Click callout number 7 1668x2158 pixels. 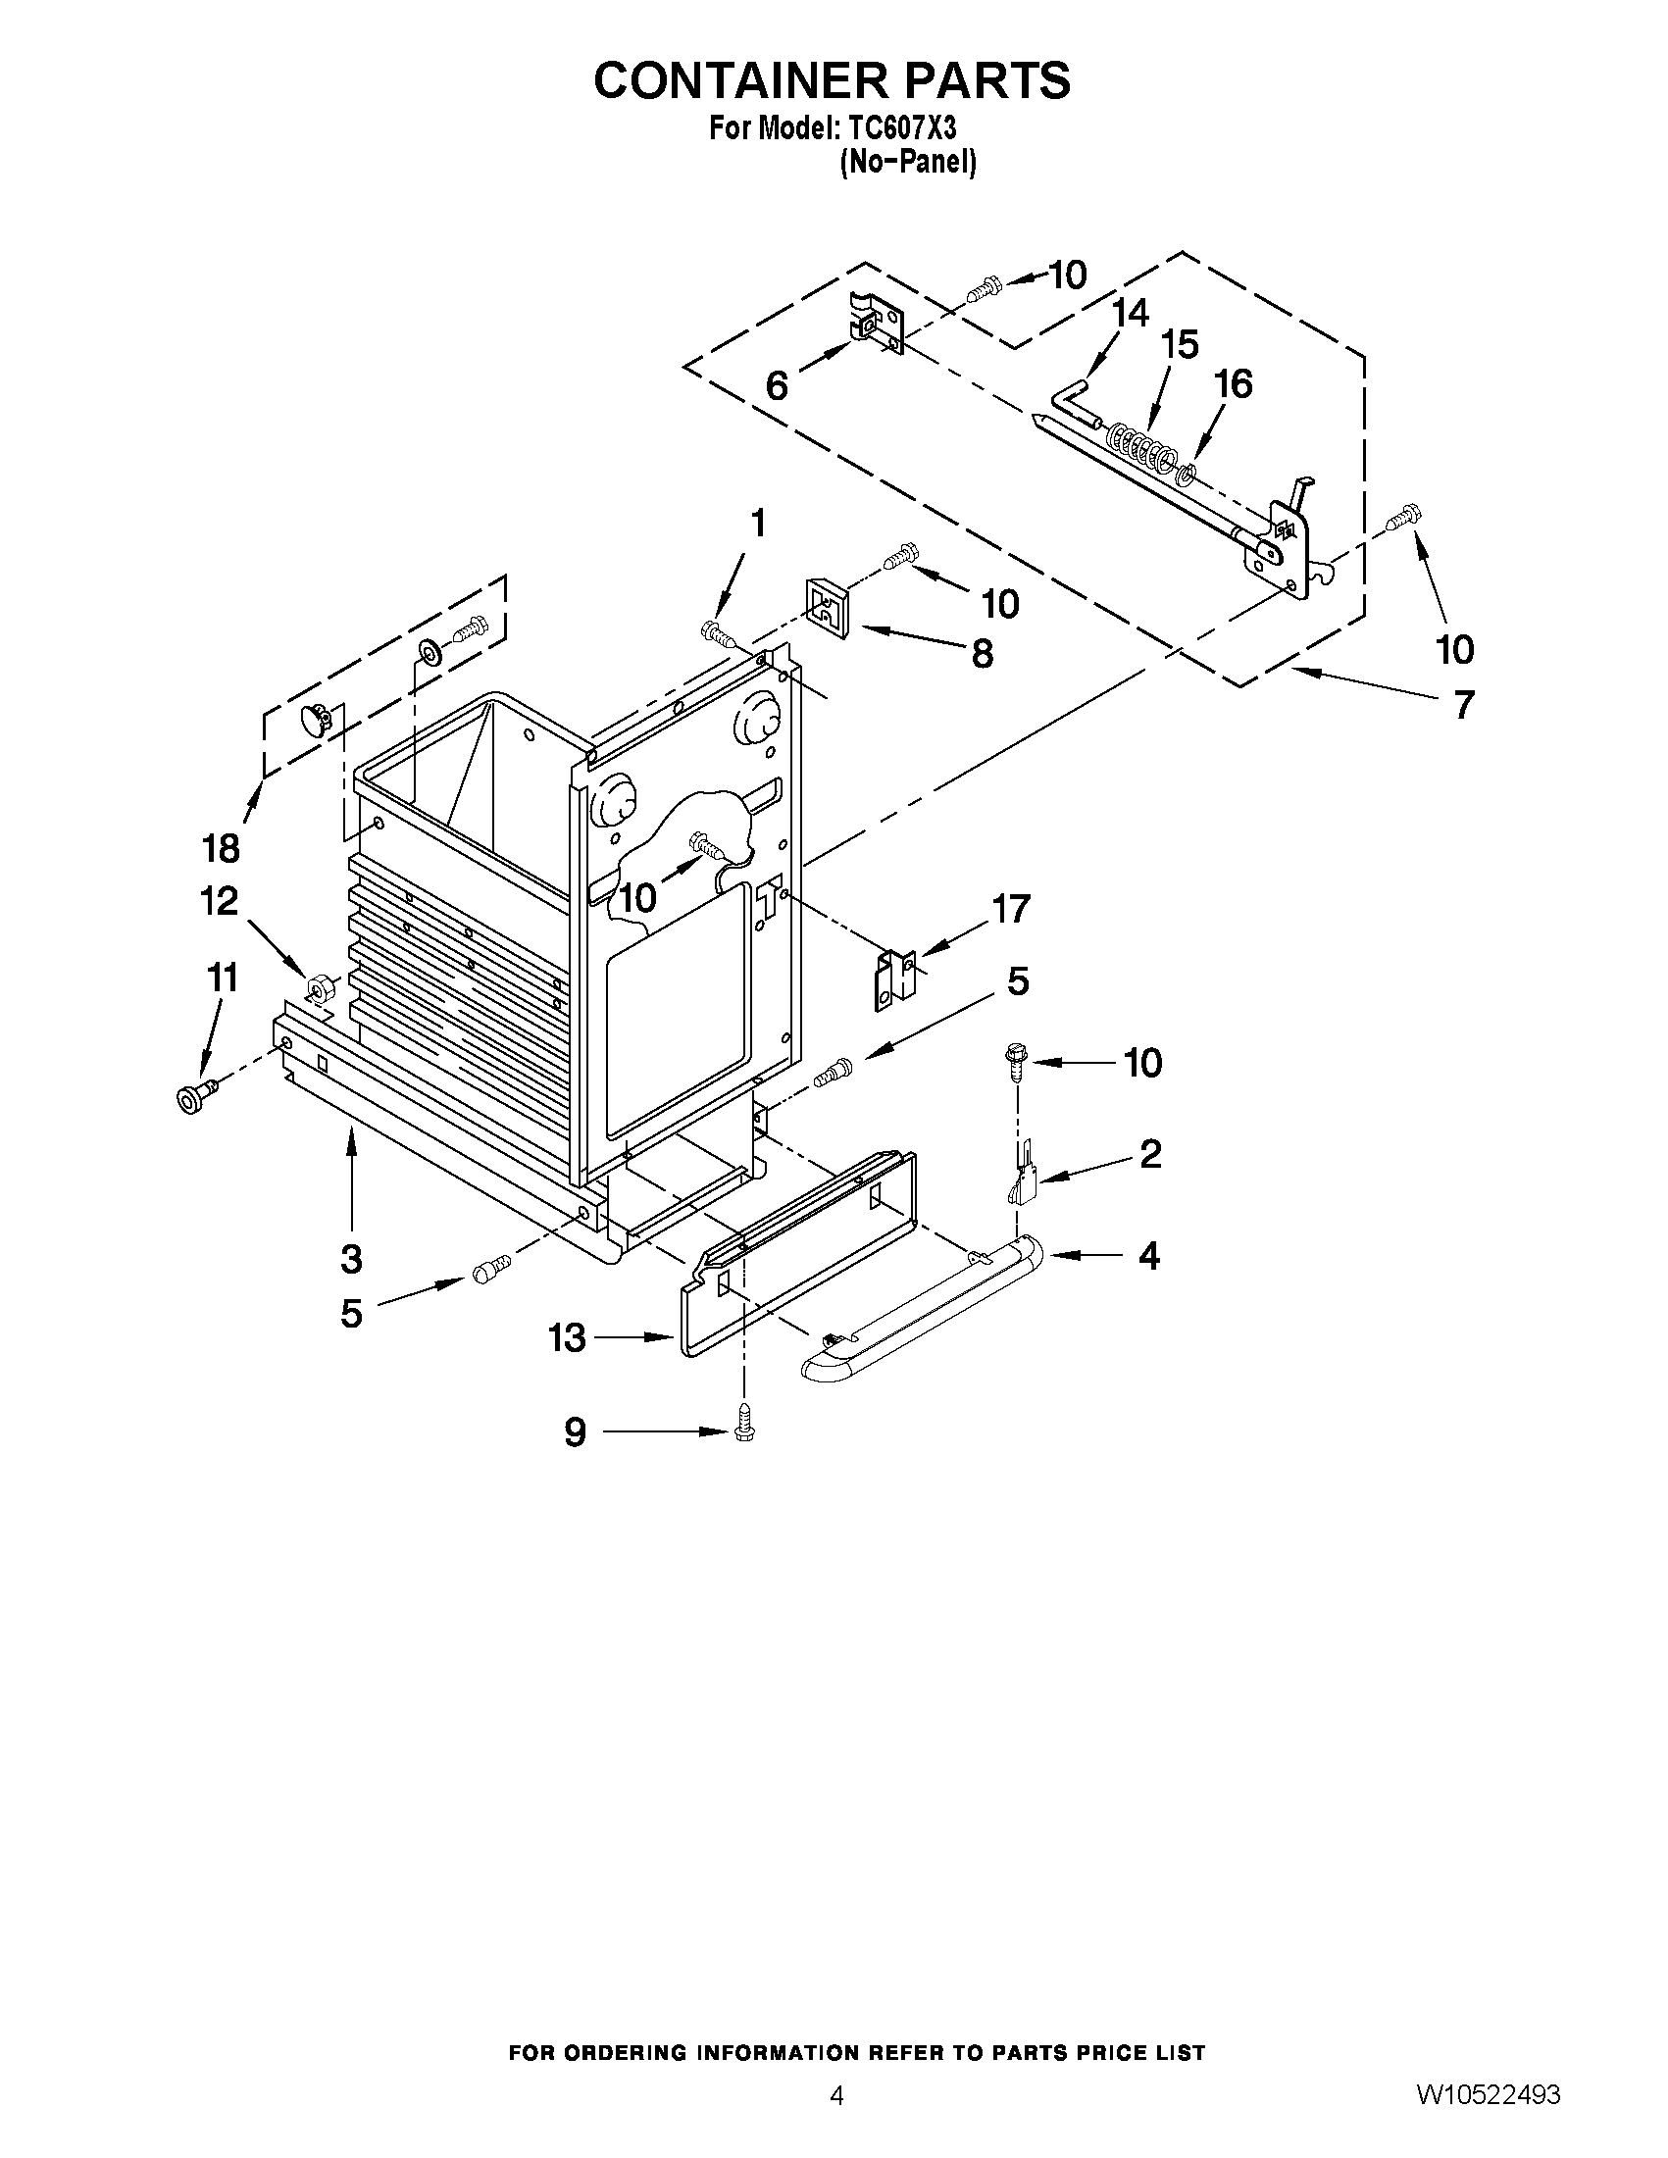(x=1462, y=705)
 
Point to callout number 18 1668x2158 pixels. (x=221, y=847)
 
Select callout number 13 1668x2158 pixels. (x=567, y=1338)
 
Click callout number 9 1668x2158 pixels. (x=574, y=1431)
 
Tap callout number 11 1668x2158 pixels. (x=222, y=979)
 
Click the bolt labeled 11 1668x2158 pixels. (x=195, y=1096)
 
